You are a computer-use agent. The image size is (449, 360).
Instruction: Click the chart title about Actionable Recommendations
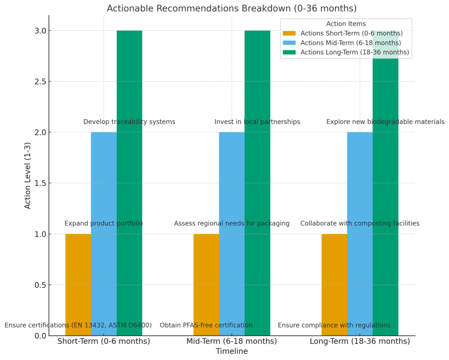[232, 8]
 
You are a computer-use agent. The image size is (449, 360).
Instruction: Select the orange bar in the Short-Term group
[78, 285]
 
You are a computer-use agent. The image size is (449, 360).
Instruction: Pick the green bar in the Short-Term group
[129, 184]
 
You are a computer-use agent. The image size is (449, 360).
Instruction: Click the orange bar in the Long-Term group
[334, 285]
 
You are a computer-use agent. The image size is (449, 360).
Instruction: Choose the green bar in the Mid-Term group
[257, 184]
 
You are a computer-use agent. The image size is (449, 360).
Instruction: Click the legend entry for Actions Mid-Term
[350, 43]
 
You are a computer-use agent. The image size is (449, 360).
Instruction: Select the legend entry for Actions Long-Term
[354, 53]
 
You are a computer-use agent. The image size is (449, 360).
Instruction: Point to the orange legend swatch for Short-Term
[289, 33]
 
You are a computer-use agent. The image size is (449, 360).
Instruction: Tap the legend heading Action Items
[346, 24]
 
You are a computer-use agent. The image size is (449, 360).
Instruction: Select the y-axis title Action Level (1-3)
[28, 175]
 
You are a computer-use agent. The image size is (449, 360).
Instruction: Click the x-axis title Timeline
[232, 351]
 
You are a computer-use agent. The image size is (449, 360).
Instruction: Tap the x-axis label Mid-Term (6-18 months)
[232, 341]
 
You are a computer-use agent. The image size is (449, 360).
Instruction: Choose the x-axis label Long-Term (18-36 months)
[360, 341]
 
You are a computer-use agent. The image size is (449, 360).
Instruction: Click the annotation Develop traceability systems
[129, 122]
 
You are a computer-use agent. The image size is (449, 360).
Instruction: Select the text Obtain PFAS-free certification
[206, 325]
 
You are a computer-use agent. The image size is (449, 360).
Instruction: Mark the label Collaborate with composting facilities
[360, 224]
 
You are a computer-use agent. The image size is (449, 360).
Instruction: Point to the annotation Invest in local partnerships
[257, 122]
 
